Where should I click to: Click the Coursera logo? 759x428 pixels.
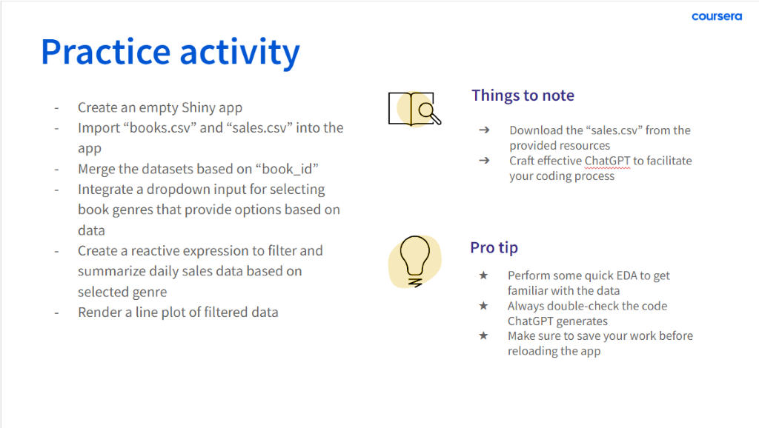tap(717, 16)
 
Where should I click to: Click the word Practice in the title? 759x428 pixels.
tap(105, 52)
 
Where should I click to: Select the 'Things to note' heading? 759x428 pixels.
tap(523, 96)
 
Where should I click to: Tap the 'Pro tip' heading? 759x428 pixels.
tap(494, 247)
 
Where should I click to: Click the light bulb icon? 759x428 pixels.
tap(415, 261)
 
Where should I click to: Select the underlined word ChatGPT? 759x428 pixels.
tap(608, 161)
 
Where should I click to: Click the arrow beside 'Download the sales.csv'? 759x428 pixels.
tap(484, 130)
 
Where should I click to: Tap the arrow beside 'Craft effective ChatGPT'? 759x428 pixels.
tap(484, 160)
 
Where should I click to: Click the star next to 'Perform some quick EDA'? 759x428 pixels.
tap(483, 275)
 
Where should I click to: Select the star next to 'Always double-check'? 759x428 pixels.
tap(483, 306)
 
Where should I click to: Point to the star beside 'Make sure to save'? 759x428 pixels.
tap(483, 335)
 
